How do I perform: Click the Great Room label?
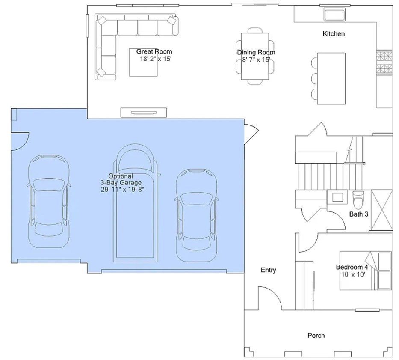[x=154, y=51]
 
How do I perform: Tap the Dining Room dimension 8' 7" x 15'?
[x=256, y=60]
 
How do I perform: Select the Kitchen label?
[x=334, y=34]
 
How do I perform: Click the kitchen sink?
[x=334, y=14]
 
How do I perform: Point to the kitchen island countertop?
[x=331, y=78]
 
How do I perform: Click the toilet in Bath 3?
[x=358, y=199]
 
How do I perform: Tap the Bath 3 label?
[x=358, y=214]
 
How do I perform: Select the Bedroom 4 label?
[x=352, y=267]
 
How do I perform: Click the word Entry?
[x=269, y=270]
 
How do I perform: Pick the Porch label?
[x=316, y=336]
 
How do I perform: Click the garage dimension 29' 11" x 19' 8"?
[x=123, y=190]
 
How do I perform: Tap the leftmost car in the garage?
[x=49, y=201]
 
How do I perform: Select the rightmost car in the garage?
[x=197, y=215]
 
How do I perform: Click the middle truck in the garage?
[x=135, y=203]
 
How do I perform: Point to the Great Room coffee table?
[x=143, y=62]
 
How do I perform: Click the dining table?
[x=255, y=56]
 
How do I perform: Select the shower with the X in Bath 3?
[x=382, y=210]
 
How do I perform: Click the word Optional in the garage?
[x=121, y=176]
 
